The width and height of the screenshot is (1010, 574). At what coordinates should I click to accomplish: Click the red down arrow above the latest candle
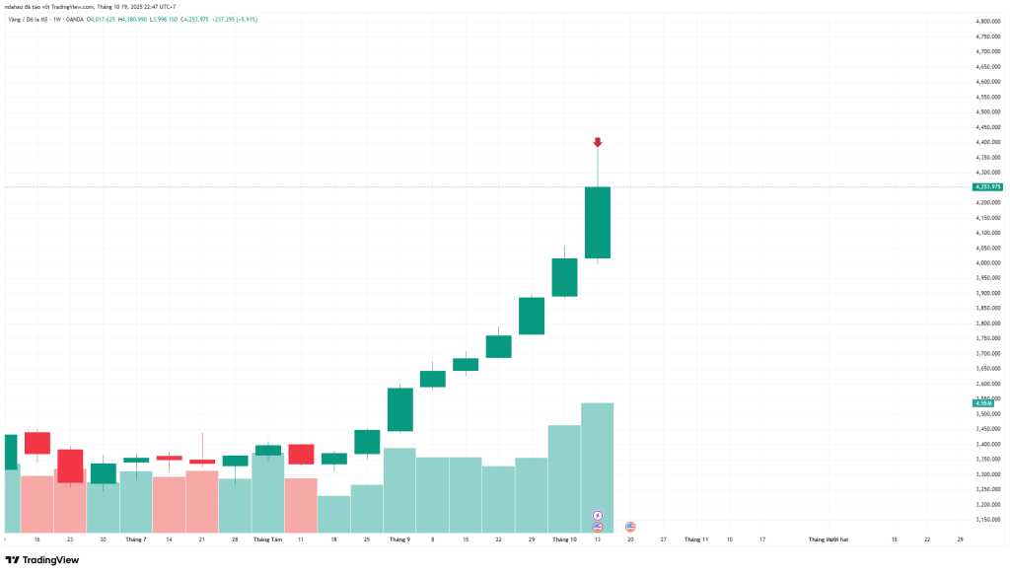[x=598, y=143]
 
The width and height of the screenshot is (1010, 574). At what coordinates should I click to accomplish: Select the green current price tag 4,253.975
[x=987, y=186]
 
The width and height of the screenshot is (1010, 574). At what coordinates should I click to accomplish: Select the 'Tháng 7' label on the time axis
[x=136, y=539]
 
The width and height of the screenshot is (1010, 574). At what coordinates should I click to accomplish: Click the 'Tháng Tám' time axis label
[x=268, y=539]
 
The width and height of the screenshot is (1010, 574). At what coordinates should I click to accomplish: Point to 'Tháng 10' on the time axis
[x=564, y=539]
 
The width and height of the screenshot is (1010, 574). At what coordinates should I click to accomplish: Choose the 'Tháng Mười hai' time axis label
[x=830, y=539]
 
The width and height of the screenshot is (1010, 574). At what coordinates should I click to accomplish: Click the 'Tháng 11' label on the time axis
[x=696, y=539]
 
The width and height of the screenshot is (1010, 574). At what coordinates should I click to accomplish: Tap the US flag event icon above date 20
[x=630, y=527]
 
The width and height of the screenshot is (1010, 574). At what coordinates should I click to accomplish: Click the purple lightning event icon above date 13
[x=598, y=515]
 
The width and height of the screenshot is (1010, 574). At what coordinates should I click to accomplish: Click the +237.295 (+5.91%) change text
[x=233, y=19]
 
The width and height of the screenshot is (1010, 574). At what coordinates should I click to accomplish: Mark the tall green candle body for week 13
[x=598, y=223]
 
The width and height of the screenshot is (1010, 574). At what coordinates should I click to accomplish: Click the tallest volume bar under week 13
[x=598, y=464]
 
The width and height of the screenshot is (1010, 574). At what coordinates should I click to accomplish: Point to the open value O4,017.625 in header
[x=100, y=19]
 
